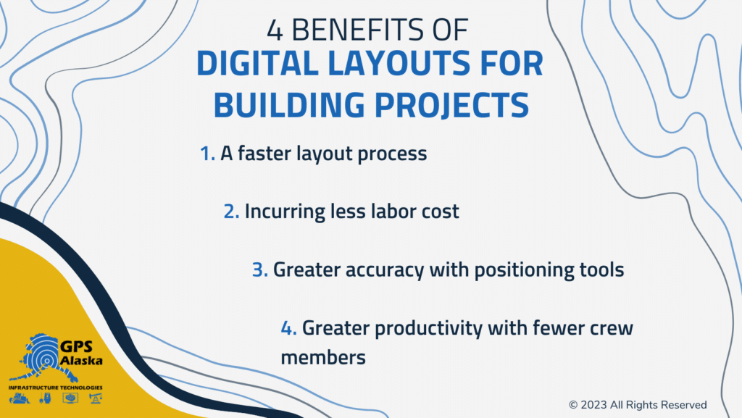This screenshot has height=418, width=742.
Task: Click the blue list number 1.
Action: [x=207, y=154]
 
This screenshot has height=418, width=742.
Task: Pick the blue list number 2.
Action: [x=231, y=212]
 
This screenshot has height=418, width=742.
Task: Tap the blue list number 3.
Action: [x=260, y=270]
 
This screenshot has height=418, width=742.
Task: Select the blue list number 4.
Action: [x=288, y=328]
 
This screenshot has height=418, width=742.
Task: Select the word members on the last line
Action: [x=322, y=357]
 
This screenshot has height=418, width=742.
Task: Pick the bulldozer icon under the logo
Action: [x=20, y=398]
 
